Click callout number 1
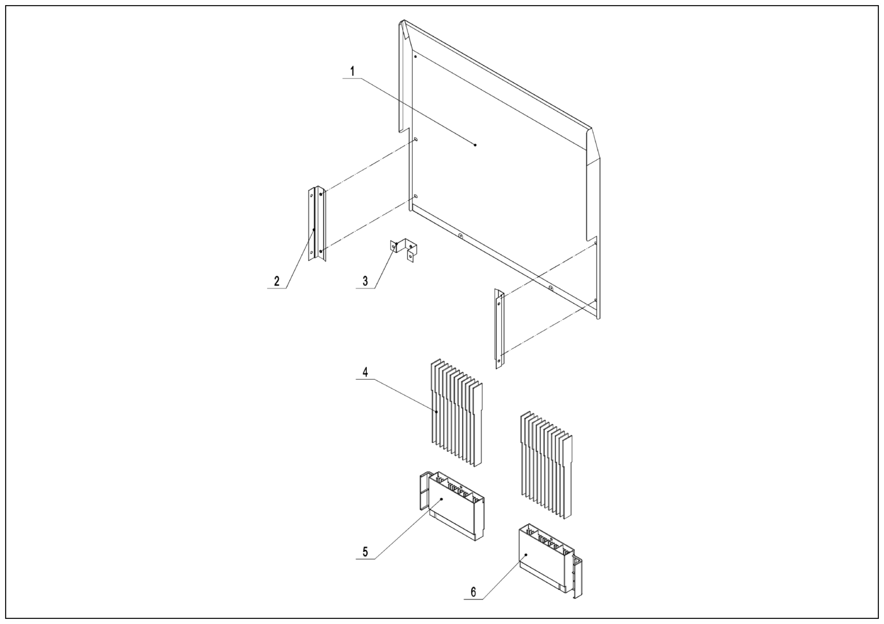(x=352, y=71)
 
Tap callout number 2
(x=277, y=281)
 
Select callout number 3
(x=365, y=281)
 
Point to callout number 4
(x=365, y=372)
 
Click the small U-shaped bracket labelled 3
(x=403, y=249)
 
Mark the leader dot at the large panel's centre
(x=475, y=145)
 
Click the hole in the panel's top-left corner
(x=415, y=57)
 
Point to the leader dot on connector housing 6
(x=526, y=555)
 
